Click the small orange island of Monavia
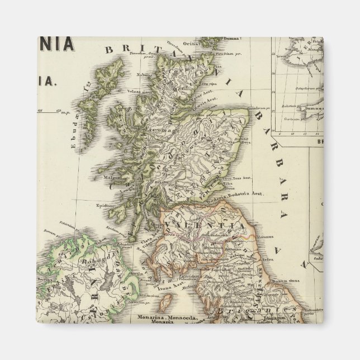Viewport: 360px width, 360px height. click(x=165, y=304)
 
